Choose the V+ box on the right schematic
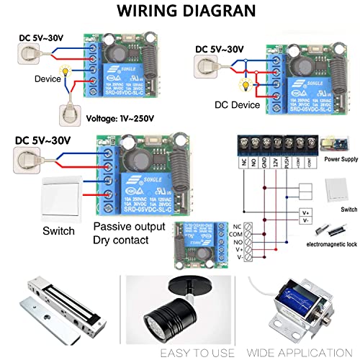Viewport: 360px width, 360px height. tap(305, 213)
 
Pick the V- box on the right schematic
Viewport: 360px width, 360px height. tap(305, 223)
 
